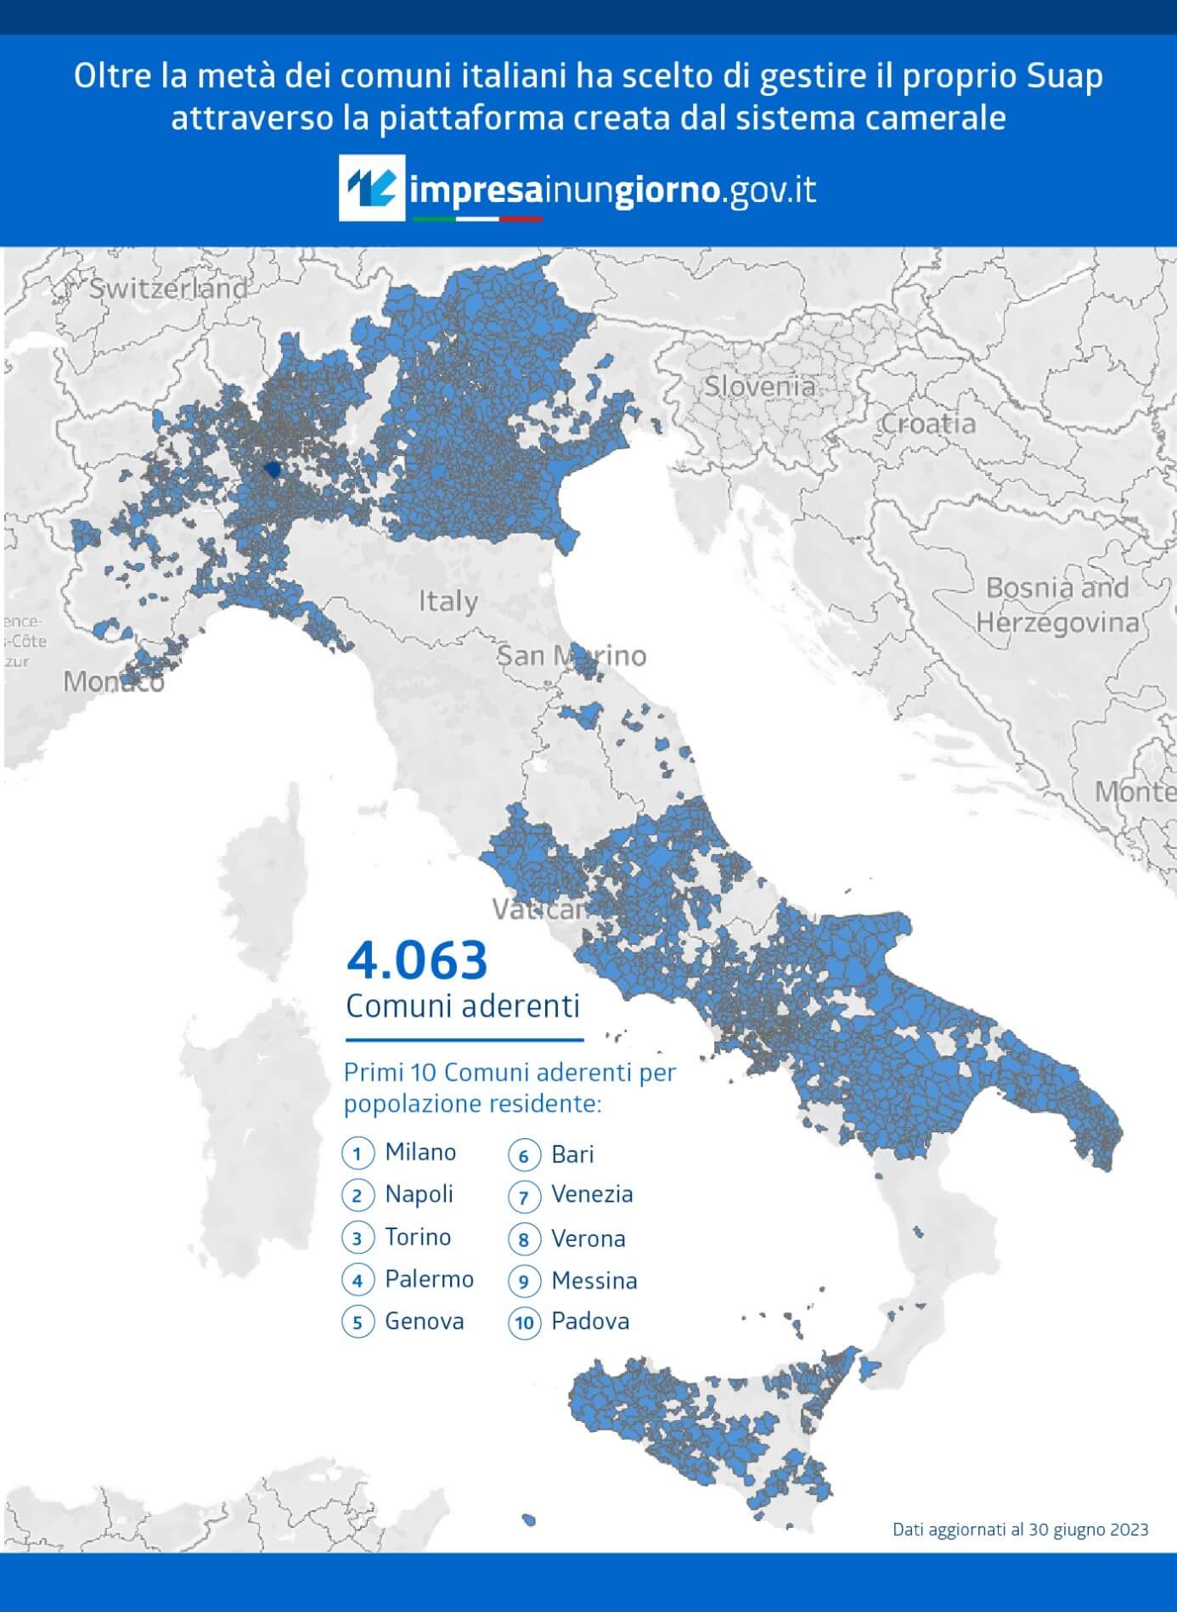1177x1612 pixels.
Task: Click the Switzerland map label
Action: point(168,289)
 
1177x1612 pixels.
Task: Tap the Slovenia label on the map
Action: point(758,386)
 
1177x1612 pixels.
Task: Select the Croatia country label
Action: point(927,423)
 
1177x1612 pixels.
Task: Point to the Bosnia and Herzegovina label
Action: point(1056,605)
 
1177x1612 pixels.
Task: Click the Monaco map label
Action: point(113,682)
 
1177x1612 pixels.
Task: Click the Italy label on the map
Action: point(448,602)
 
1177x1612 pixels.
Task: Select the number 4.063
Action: point(417,960)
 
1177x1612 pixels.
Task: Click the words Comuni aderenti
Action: point(463,1006)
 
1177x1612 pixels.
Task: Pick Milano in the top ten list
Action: point(420,1152)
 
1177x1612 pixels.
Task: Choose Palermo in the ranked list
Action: point(429,1278)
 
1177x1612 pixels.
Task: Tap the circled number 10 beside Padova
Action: point(524,1323)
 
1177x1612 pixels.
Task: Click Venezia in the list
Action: point(592,1194)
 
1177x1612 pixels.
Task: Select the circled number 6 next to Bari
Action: point(524,1155)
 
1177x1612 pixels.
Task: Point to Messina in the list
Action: point(594,1280)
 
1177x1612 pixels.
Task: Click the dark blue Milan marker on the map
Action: point(273,469)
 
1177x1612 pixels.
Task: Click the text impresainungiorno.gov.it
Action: point(611,189)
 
